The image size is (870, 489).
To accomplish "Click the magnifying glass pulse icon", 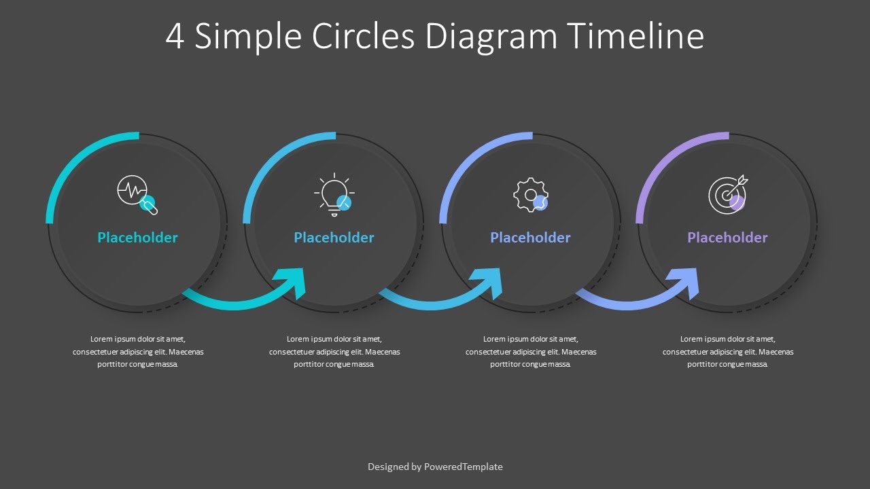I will click(136, 194).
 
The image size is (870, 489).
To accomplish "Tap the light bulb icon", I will click(333, 195).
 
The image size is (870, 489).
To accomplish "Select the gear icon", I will click(529, 195).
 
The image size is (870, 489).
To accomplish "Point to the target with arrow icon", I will click(727, 194).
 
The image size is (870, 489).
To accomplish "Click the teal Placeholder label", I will click(137, 238).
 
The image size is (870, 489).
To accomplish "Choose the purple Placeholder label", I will click(727, 238).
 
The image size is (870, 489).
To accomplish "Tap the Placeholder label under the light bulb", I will click(334, 238).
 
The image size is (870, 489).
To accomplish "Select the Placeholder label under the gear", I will click(530, 238).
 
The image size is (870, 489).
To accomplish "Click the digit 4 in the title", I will click(175, 37).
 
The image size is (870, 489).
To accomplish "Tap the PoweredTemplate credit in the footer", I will click(463, 467).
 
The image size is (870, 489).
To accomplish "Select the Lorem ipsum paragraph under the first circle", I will click(138, 352).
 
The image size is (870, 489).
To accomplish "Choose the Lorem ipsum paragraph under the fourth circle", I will click(727, 352).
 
